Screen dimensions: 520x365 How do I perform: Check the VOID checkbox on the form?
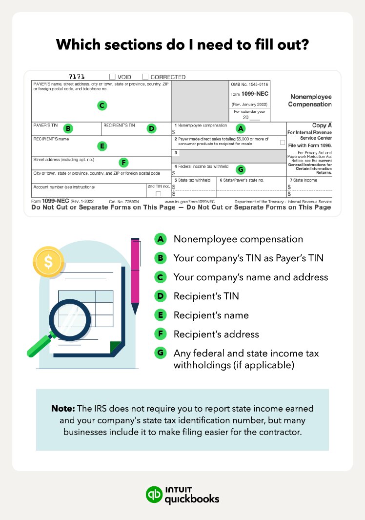(x=112, y=77)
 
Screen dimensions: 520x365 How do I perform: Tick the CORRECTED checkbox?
(x=145, y=77)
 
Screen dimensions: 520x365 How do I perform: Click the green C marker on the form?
(x=101, y=105)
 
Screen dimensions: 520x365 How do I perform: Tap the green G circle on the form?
(x=240, y=169)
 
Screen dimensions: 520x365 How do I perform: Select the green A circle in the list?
(x=160, y=239)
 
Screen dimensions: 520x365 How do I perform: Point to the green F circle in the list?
(x=160, y=334)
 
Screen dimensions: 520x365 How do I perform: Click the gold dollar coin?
(x=48, y=262)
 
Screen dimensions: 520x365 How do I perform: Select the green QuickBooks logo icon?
(x=155, y=494)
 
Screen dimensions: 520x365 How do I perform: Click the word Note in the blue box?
(x=62, y=408)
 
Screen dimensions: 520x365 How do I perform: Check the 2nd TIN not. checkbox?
(x=158, y=194)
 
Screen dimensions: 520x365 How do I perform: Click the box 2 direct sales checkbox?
(x=283, y=142)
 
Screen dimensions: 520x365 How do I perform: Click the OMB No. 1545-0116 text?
(x=249, y=84)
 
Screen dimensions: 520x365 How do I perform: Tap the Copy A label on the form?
(x=322, y=125)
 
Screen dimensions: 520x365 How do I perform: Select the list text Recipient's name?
(x=211, y=315)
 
